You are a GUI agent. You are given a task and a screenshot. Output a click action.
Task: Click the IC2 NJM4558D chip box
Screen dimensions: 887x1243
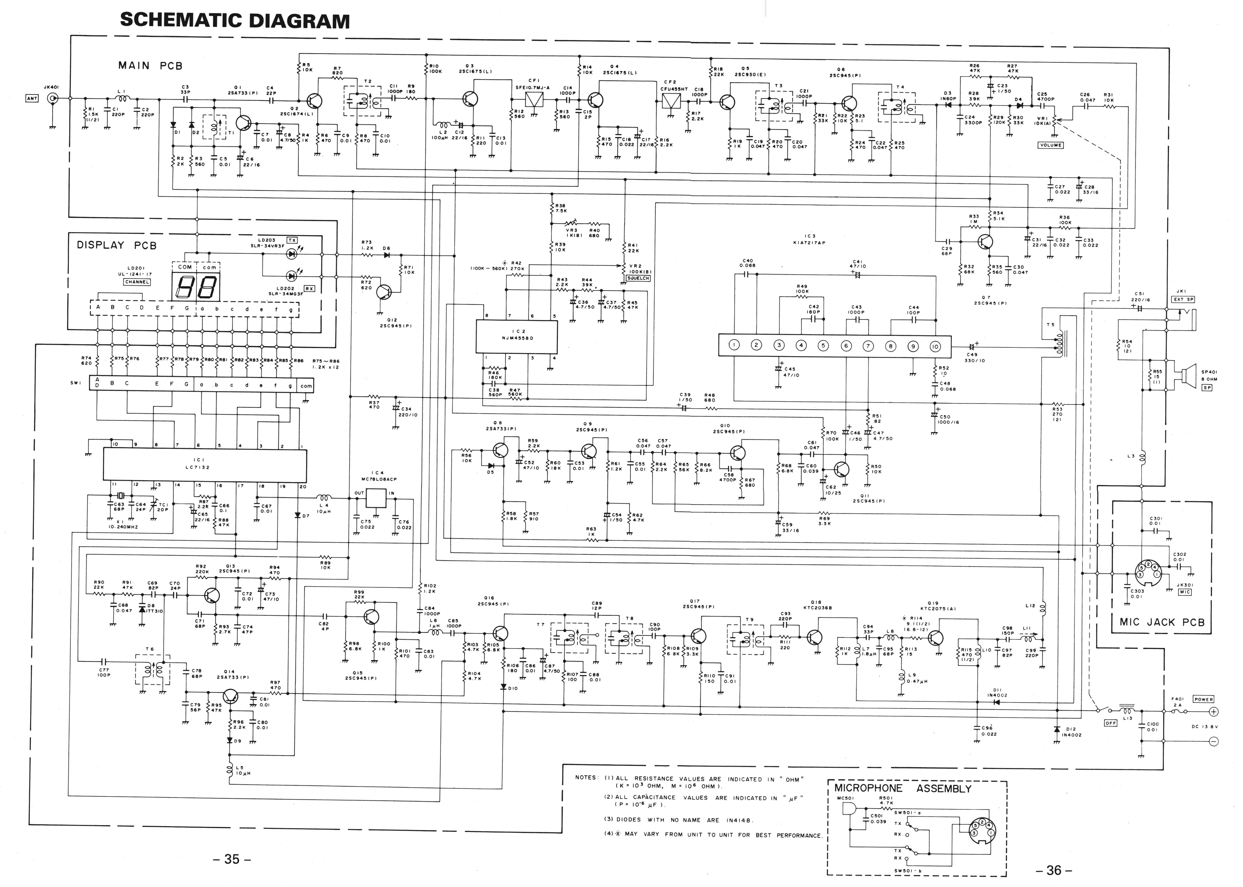pyautogui.click(x=517, y=337)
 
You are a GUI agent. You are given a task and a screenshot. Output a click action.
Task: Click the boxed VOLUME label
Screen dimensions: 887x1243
pyautogui.click(x=1051, y=145)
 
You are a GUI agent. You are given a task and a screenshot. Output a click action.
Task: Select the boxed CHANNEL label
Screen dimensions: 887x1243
pyautogui.click(x=137, y=282)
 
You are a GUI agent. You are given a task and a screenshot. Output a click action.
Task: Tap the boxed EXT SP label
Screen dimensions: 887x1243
pyautogui.click(x=1183, y=299)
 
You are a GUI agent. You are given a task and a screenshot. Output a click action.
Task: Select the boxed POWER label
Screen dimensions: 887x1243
pyautogui.click(x=1203, y=699)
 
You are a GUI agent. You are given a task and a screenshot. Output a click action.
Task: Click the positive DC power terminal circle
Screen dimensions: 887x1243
pyautogui.click(x=1214, y=712)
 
